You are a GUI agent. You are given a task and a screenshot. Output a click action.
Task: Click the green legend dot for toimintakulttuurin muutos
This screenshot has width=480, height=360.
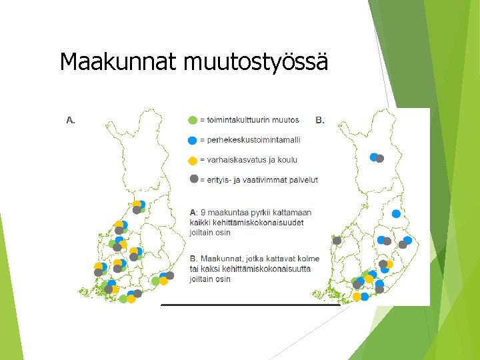pyautogui.click(x=193, y=121)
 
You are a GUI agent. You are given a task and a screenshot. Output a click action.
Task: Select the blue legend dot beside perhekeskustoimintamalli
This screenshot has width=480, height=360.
pyautogui.click(x=193, y=140)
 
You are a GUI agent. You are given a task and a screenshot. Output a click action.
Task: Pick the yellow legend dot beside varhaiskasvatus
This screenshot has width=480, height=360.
pyautogui.click(x=193, y=161)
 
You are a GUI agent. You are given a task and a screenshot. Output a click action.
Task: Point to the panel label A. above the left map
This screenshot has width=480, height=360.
pyautogui.click(x=70, y=121)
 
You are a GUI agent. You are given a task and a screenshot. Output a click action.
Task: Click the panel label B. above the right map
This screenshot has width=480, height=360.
pyautogui.click(x=320, y=121)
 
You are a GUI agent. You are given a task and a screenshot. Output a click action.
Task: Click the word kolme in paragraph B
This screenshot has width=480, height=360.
pyautogui.click(x=307, y=259)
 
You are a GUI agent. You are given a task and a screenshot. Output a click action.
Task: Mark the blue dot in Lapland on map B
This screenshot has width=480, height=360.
pyautogui.click(x=374, y=157)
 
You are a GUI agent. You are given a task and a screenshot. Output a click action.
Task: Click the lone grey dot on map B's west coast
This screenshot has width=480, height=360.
pyautogui.click(x=337, y=241)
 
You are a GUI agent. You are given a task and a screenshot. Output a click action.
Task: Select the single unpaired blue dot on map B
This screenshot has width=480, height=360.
pyautogui.click(x=396, y=214)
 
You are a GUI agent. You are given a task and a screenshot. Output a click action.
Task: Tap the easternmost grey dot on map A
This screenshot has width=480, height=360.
pyautogui.click(x=169, y=275)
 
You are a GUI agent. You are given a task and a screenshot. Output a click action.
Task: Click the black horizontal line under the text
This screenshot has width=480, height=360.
pyautogui.click(x=250, y=305)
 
